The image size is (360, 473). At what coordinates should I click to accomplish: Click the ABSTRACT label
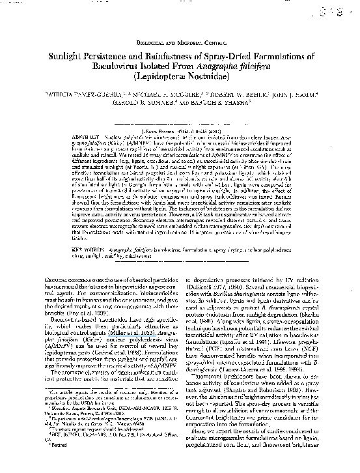(x=89, y=136)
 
